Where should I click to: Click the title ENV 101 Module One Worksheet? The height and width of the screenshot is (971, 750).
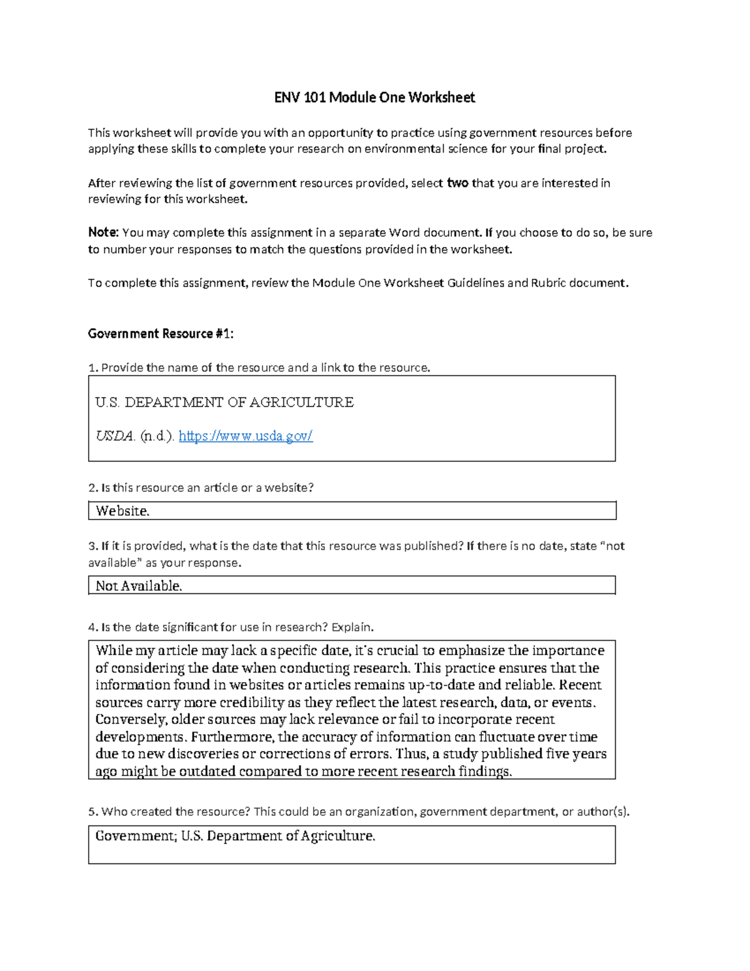(x=374, y=98)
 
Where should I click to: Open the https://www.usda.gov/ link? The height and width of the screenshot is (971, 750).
(x=245, y=436)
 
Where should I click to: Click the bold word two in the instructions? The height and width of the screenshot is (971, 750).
(x=457, y=183)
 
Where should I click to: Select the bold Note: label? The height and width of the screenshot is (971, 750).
(x=103, y=233)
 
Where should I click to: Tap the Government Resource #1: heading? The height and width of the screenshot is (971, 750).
(x=161, y=334)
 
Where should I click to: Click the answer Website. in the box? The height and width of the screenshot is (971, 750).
(x=122, y=511)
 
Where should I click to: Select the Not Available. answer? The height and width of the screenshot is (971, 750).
(x=139, y=586)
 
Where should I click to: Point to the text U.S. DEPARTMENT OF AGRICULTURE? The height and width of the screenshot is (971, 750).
(x=224, y=402)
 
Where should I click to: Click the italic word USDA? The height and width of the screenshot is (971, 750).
(x=114, y=436)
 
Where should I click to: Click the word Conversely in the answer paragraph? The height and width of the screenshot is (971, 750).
(x=130, y=719)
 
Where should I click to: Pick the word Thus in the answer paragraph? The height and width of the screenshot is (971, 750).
(x=410, y=753)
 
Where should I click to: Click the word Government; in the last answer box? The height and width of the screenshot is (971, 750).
(x=136, y=836)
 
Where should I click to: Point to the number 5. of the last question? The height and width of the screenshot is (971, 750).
(x=93, y=812)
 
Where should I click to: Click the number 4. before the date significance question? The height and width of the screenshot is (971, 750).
(x=93, y=627)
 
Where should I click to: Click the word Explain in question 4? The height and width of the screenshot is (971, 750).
(x=351, y=627)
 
